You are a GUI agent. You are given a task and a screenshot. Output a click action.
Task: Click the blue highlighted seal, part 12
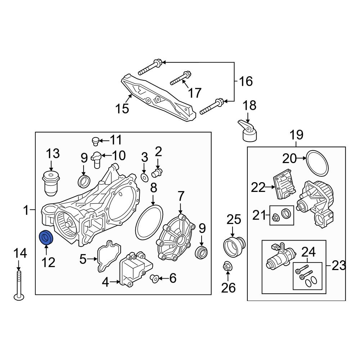(46, 238)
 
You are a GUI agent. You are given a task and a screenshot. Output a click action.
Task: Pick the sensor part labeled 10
(96, 158)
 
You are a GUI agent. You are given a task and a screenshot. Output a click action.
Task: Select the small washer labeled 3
(144, 177)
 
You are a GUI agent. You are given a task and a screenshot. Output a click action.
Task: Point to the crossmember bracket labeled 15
(158, 97)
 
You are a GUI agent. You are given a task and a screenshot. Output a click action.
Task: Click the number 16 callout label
(246, 81)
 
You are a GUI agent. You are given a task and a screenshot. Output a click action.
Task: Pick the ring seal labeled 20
(318, 162)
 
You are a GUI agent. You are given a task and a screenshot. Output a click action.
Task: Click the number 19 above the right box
(297, 135)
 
